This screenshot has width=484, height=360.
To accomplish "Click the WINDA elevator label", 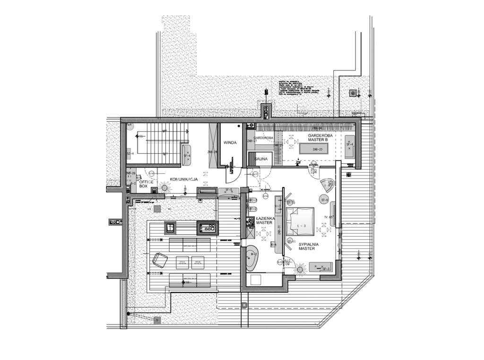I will coord(230,142).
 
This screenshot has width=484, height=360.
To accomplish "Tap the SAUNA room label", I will coord(261,159).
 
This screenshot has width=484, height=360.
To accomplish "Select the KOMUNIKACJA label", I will coord(183,179).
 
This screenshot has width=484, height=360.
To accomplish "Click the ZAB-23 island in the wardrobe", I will coord(317,149).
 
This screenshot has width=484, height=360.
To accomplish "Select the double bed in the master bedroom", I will coord(299,225).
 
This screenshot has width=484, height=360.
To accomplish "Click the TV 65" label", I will coord(328,217).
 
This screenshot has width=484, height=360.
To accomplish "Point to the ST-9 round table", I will coord(324,200).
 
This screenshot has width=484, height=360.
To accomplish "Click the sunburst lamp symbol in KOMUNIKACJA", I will coord(165,187).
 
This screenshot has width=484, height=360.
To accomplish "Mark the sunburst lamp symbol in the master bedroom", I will coord(300,269).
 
